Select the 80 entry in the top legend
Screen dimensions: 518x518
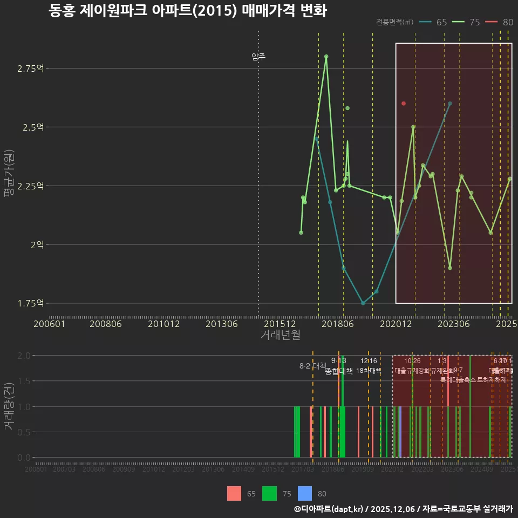502,22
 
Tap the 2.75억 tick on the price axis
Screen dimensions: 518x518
31,69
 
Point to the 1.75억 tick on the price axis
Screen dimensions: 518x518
31,303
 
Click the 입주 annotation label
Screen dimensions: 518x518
258,57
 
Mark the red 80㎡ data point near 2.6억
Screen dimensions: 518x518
404,103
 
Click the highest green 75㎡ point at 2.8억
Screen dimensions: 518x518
326,56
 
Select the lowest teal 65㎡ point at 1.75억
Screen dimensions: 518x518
363,303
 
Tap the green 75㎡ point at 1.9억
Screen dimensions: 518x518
450,268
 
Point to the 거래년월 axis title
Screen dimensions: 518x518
280,335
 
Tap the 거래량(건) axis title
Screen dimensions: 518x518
9,406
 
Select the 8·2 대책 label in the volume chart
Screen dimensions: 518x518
313,366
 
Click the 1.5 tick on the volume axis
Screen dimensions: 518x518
24,381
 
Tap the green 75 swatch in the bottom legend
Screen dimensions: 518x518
269,493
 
